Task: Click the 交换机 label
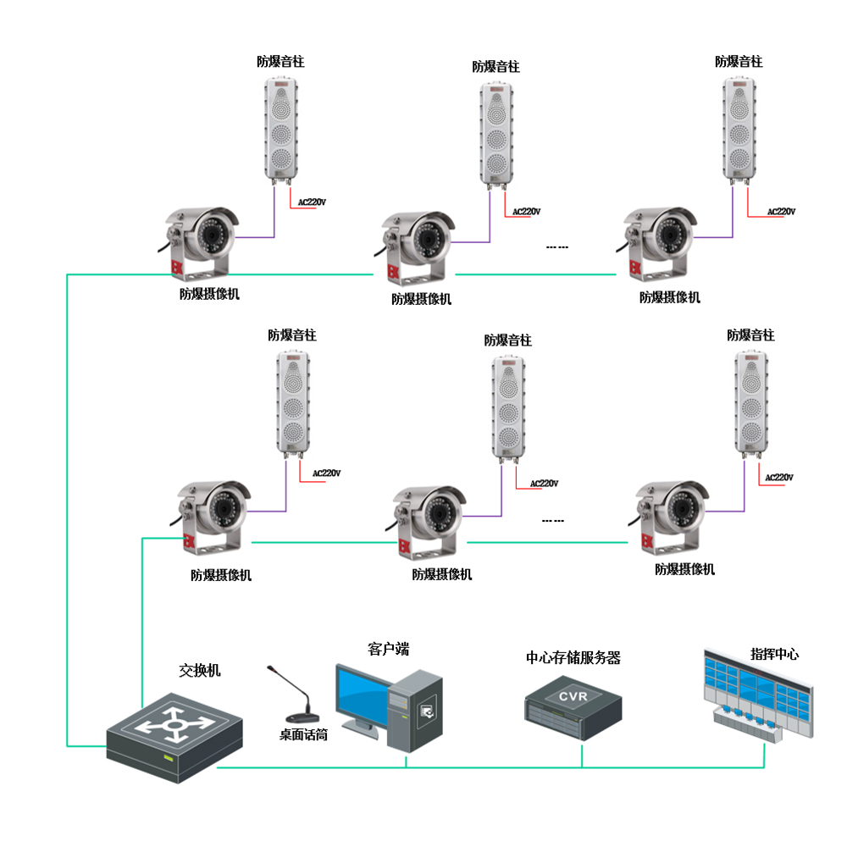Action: pos(200,670)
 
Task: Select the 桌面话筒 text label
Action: pos(303,735)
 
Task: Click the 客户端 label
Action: pos(389,650)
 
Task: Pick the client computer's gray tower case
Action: pos(415,710)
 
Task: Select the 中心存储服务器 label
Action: pos(573,657)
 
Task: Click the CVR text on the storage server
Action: pos(573,695)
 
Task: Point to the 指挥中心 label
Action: pos(774,654)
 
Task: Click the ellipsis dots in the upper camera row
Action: pos(556,247)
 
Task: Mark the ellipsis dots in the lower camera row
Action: pos(552,521)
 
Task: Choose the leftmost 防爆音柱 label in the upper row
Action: pos(280,61)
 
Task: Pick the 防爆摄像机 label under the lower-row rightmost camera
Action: pos(684,569)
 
